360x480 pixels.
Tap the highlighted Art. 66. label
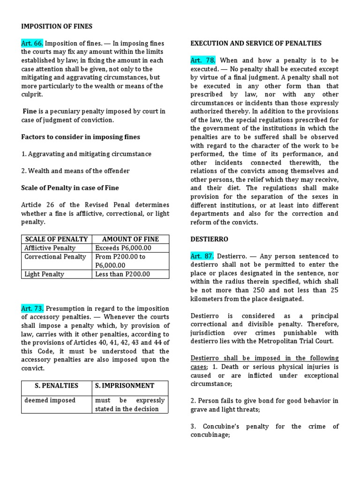tap(32, 44)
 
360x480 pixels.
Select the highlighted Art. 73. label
tap(32, 308)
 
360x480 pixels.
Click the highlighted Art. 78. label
tap(202, 60)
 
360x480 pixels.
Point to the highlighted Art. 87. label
tap(202, 256)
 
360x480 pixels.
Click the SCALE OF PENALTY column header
tap(56, 239)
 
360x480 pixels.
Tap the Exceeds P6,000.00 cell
tap(123, 248)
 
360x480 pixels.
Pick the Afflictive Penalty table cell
tap(50, 248)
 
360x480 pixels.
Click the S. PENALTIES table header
tap(56, 386)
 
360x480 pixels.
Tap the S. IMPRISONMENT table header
tap(124, 386)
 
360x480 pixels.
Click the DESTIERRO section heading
tap(209, 239)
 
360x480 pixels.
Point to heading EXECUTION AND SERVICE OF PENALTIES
tap(255, 44)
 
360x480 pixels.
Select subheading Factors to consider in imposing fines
tap(81, 137)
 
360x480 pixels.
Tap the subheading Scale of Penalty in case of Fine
tap(70, 188)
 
